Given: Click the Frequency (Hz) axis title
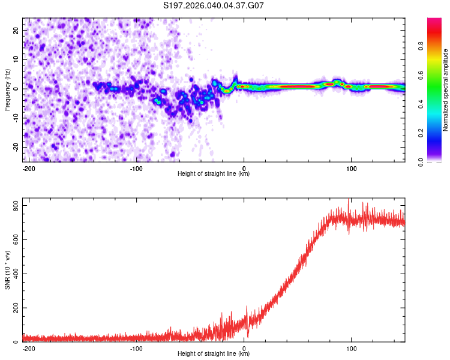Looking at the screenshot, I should point(7,89).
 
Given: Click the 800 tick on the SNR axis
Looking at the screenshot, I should point(13,206).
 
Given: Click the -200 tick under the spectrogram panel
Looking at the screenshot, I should point(29,167).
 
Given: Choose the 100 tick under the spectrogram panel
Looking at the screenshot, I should point(350,167).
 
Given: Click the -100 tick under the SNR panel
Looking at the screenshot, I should point(136,347).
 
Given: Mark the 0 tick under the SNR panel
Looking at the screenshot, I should point(244,347).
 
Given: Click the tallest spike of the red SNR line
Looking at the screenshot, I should point(349,200).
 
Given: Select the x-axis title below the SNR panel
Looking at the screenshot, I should point(214,354).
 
